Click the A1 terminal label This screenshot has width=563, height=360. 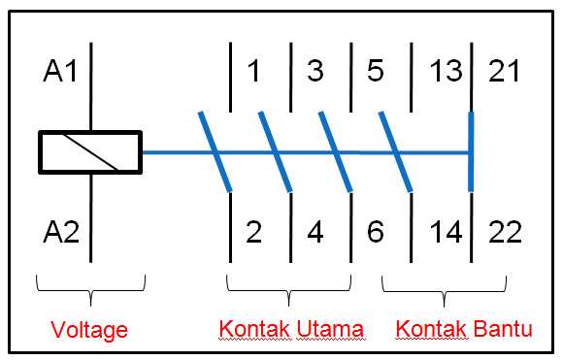tap(60, 72)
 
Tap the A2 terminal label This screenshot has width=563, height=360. tap(60, 233)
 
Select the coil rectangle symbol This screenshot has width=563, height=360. tap(90, 153)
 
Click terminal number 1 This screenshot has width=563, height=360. tap(254, 72)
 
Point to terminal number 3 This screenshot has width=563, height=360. tap(315, 72)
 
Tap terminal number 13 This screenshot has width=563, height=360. tap(446, 72)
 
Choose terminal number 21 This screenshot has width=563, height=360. tap(503, 72)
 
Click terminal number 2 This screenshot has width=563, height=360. tap(254, 233)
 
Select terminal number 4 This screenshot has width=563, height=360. tap(315, 233)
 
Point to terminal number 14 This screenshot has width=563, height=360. tap(446, 233)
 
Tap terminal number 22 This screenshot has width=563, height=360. tap(503, 233)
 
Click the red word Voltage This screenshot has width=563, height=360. tap(90, 330)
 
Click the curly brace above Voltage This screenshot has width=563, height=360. tap(90, 287)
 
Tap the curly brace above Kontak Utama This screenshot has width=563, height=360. tap(289, 287)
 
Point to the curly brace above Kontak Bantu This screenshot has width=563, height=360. tap(445, 287)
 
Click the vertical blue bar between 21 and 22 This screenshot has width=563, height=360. tap(472, 152)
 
